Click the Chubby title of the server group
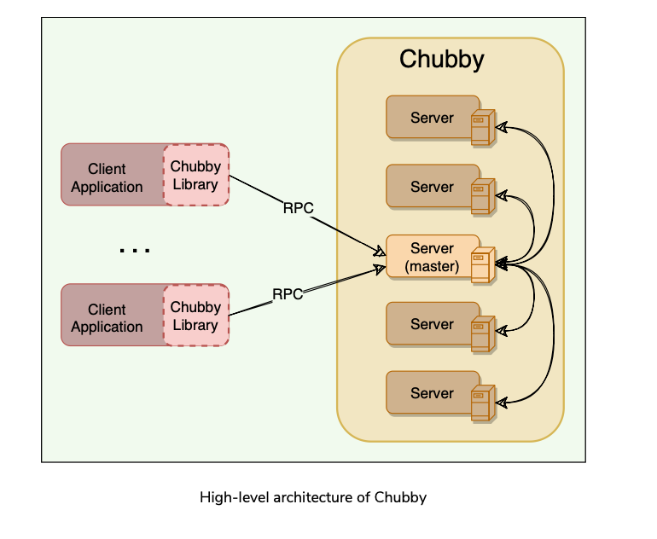tap(441, 60)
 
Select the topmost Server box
tap(432, 117)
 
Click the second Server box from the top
tap(432, 186)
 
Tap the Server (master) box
tap(432, 257)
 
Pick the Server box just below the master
tap(432, 324)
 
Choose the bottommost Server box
tap(432, 393)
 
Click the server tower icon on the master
tap(482, 266)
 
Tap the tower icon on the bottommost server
tap(482, 403)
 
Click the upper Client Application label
tap(107, 178)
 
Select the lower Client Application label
tap(107, 318)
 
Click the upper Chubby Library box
tap(195, 175)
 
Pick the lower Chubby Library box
tap(195, 316)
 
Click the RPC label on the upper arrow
tap(299, 208)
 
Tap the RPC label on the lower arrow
tap(288, 294)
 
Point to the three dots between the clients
tap(135, 251)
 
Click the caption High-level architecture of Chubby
tap(312, 497)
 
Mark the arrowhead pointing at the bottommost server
tap(503, 402)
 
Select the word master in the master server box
tap(432, 266)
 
